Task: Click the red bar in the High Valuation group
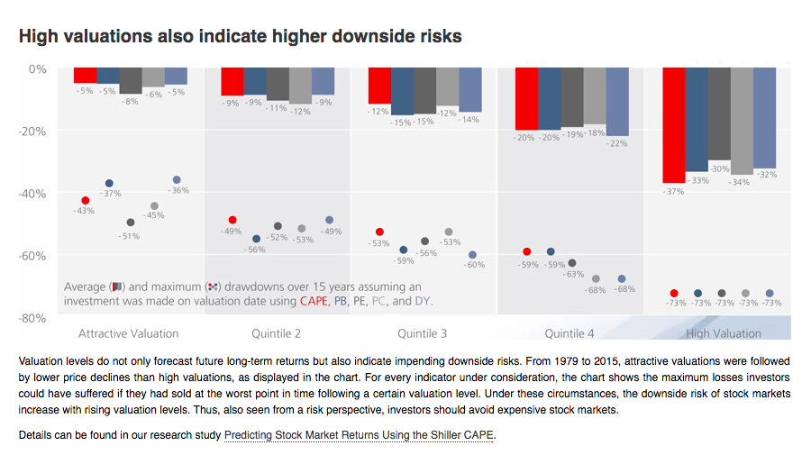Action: (673, 125)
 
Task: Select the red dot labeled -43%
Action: (86, 200)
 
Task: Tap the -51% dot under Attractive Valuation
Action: (131, 222)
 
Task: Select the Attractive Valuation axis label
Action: (129, 333)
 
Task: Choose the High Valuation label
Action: (724, 333)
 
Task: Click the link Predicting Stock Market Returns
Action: (359, 435)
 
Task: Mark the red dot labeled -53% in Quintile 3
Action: (379, 232)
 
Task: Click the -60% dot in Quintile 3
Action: (472, 255)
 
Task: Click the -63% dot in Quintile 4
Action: (572, 263)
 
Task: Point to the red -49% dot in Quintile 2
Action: (232, 220)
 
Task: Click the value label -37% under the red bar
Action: (673, 191)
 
